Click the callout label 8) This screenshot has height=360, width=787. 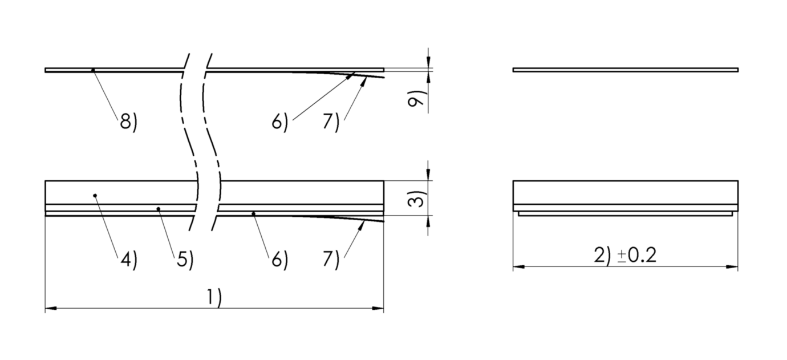128,122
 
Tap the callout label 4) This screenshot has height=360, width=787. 128,260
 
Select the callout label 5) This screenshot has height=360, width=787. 185,260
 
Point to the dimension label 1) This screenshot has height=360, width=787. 214,298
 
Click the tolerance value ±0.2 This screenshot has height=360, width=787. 637,255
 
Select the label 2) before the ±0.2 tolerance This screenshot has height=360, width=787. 603,256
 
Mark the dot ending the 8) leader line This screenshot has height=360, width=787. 93,70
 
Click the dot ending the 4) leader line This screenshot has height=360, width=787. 95,196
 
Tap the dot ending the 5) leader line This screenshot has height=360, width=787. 159,209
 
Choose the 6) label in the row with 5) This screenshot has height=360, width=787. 279,260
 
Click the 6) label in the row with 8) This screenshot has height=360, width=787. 279,122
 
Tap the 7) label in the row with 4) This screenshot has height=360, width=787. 331,260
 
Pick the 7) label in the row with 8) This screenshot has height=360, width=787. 331,122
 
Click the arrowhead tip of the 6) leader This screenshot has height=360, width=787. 354,73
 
